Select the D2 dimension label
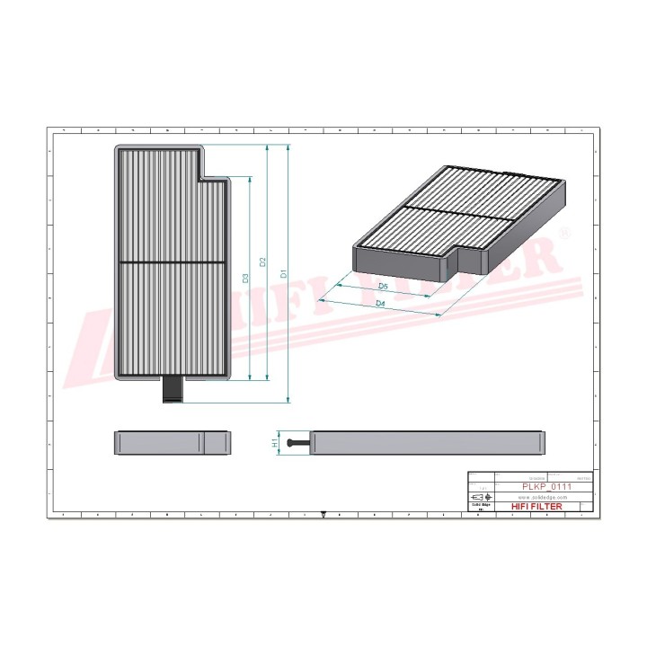coord(262,262)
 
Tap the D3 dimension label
coord(245,278)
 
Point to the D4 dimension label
coord(380,305)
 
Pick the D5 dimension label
coord(383,286)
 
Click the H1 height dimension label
coord(275,443)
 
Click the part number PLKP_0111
coord(548,486)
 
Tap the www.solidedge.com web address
coord(544,497)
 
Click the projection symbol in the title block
coord(482,497)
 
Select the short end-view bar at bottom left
coord(173,443)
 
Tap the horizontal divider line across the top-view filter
coord(173,262)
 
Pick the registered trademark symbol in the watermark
coord(565,233)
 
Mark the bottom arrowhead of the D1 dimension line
coord(288,398)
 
